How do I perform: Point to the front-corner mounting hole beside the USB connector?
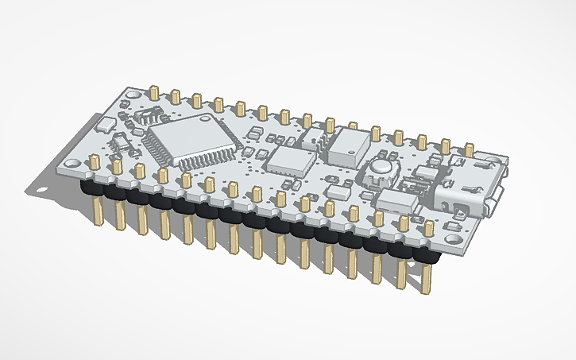click(452, 238)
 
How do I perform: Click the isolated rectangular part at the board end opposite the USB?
click(104, 124)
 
